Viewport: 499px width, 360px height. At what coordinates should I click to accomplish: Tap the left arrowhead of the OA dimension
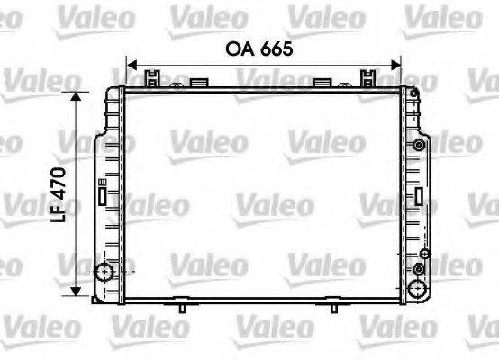click(130, 65)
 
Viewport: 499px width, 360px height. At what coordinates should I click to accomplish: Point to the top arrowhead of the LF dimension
click(80, 95)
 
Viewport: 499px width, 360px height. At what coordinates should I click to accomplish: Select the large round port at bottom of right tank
click(418, 287)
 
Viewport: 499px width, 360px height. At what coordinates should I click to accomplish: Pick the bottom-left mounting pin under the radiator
click(182, 307)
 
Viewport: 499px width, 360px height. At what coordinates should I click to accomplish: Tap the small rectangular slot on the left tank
click(103, 191)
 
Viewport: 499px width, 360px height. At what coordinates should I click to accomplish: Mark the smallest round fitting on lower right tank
click(419, 270)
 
